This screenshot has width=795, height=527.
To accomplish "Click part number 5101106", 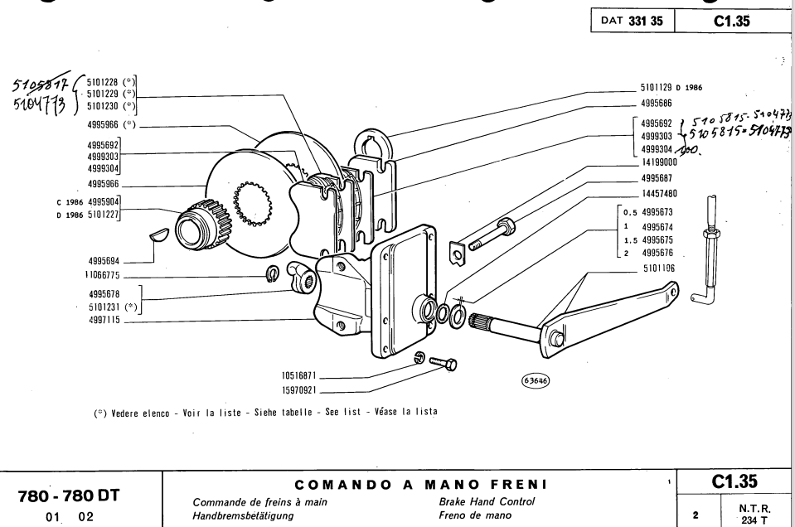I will click(662, 268).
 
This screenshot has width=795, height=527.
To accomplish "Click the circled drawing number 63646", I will click(533, 380).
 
